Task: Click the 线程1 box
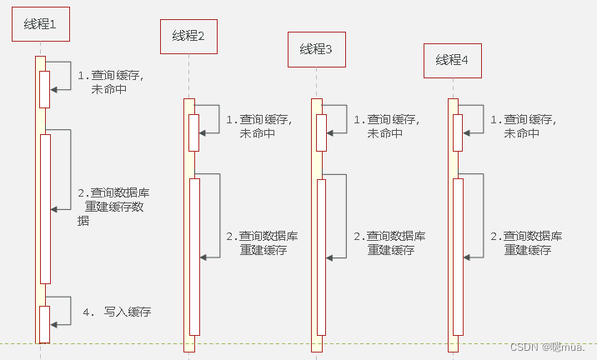pyautogui.click(x=40, y=25)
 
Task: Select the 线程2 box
pyautogui.click(x=188, y=36)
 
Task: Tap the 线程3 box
pyautogui.click(x=316, y=50)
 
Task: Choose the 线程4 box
pyautogui.click(x=453, y=60)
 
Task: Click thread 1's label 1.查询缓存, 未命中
pyautogui.click(x=110, y=82)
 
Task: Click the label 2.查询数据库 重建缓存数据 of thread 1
pyautogui.click(x=113, y=207)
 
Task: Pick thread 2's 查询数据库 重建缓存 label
pyautogui.click(x=263, y=242)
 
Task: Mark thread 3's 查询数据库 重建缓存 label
pyautogui.click(x=390, y=242)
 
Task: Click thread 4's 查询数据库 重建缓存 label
pyautogui.click(x=527, y=242)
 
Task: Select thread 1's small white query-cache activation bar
pyautogui.click(x=45, y=88)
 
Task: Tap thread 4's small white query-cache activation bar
pyautogui.click(x=458, y=132)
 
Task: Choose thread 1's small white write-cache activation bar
pyautogui.click(x=45, y=323)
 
